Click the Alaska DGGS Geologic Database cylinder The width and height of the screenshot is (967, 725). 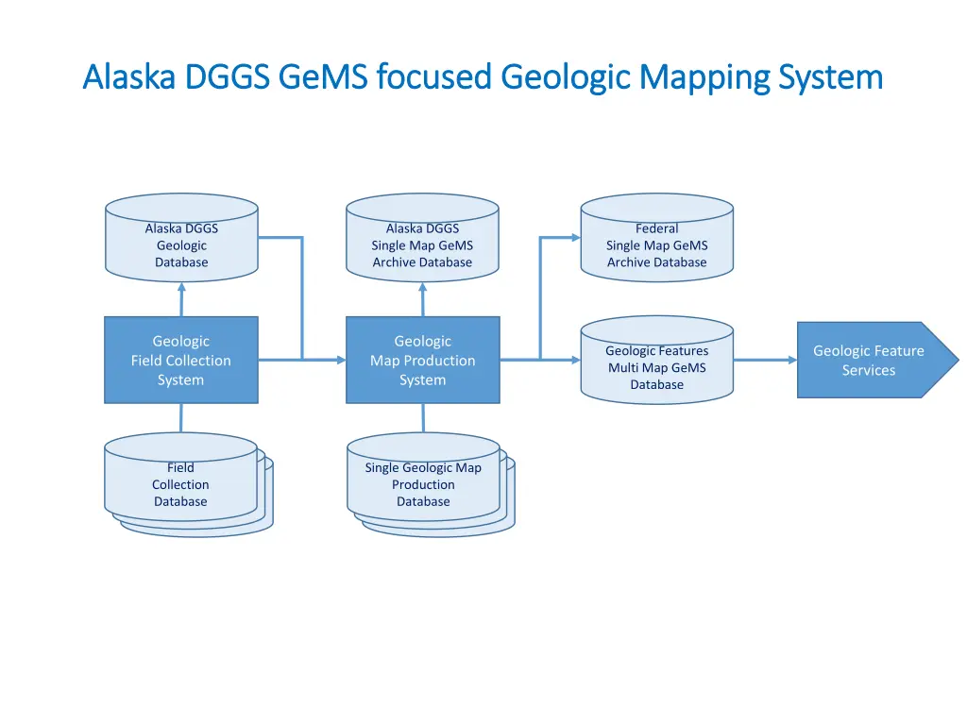click(x=181, y=245)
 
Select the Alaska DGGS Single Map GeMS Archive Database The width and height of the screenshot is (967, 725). click(x=422, y=245)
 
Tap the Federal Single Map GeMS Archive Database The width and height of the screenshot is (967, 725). click(x=656, y=245)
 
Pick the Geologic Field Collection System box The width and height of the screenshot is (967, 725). click(x=181, y=360)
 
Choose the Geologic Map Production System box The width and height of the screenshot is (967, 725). click(x=422, y=360)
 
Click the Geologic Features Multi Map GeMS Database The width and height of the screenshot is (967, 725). click(x=656, y=368)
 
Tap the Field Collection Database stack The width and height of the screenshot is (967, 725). click(x=181, y=484)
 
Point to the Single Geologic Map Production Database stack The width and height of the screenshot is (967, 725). click(x=423, y=484)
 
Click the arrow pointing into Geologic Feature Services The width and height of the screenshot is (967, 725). click(x=765, y=360)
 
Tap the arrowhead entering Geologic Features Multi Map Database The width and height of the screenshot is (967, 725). click(x=574, y=360)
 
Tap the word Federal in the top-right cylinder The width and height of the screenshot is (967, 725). click(x=656, y=228)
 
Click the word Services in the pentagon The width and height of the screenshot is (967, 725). click(x=868, y=370)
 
